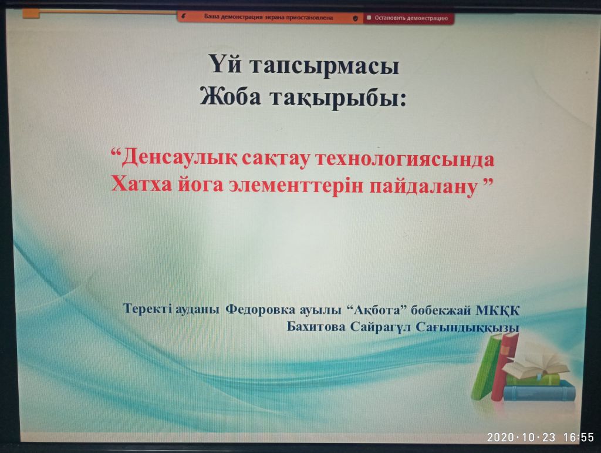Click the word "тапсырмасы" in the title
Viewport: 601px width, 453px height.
click(325, 66)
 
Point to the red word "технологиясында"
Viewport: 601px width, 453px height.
click(405, 159)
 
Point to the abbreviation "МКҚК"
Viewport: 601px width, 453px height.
click(497, 310)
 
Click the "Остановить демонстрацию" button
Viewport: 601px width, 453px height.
click(408, 18)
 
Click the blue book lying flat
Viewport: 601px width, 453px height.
click(539, 391)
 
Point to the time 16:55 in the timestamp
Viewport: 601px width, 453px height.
click(578, 437)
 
